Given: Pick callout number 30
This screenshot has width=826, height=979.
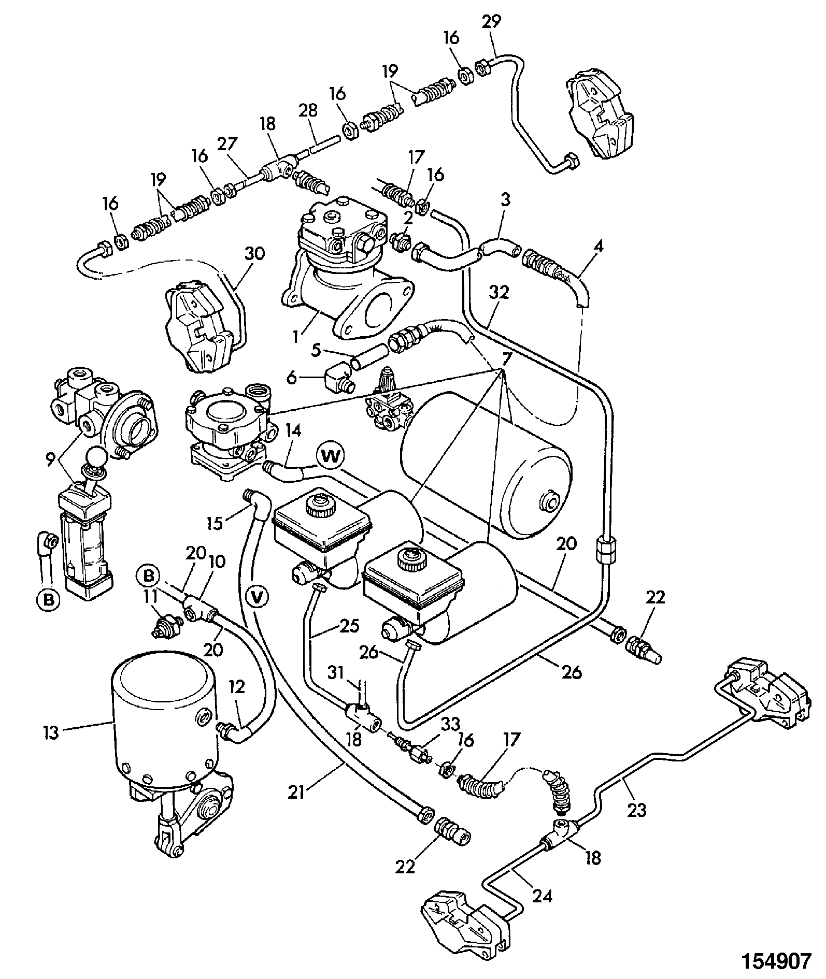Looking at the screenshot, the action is [252, 253].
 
